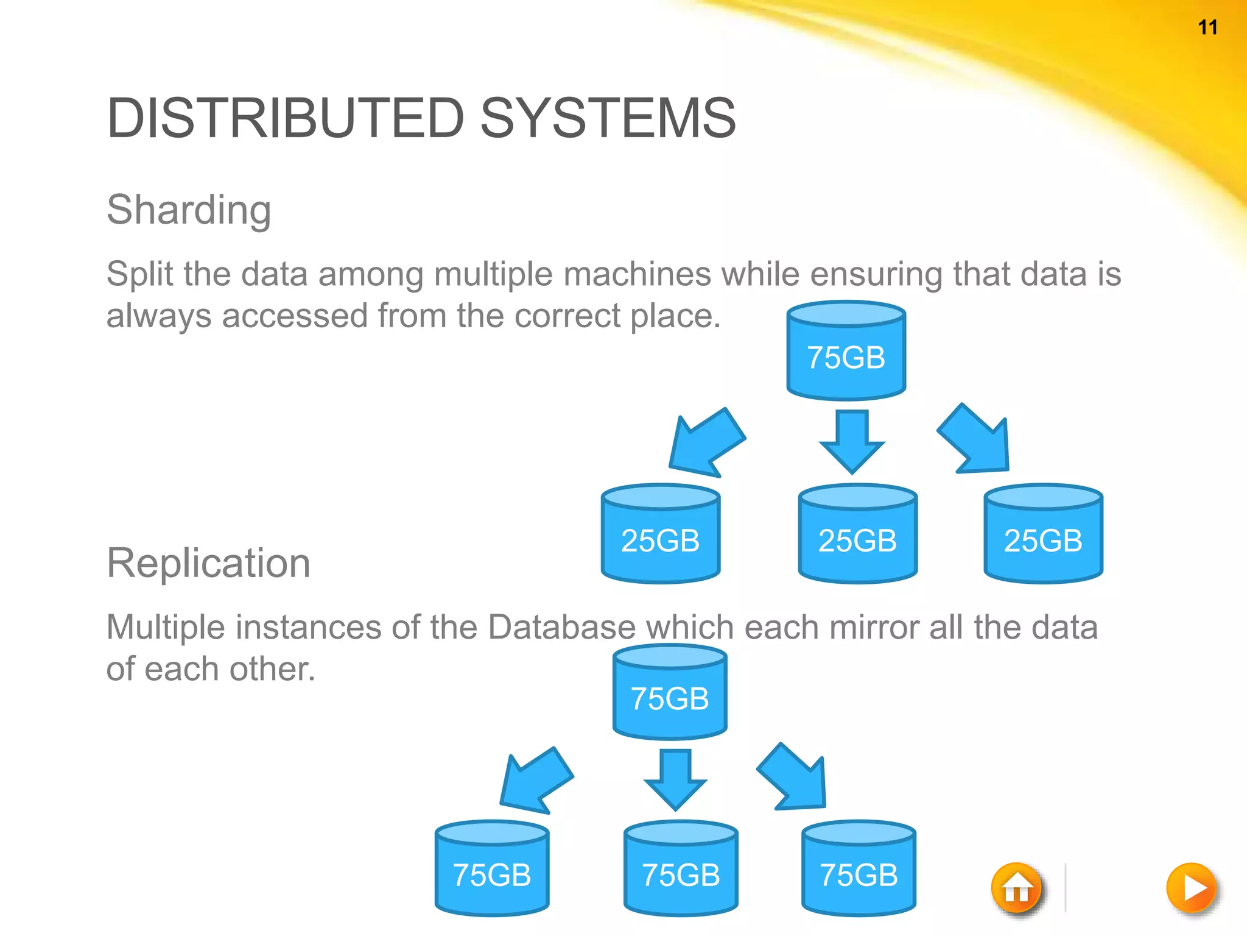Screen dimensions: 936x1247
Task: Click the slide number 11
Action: point(1207,27)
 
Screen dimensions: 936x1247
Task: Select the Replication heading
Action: point(208,562)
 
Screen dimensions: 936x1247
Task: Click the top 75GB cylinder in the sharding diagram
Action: point(846,352)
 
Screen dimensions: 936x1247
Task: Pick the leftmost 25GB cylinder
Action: point(661,534)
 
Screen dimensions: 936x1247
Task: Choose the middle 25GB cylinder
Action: point(857,534)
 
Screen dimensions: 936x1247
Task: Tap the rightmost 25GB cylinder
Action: point(1043,534)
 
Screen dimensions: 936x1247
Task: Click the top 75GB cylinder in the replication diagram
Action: point(670,693)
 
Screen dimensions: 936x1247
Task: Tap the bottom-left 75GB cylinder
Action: point(492,869)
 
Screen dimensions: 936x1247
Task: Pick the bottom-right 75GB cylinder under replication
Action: point(859,869)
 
